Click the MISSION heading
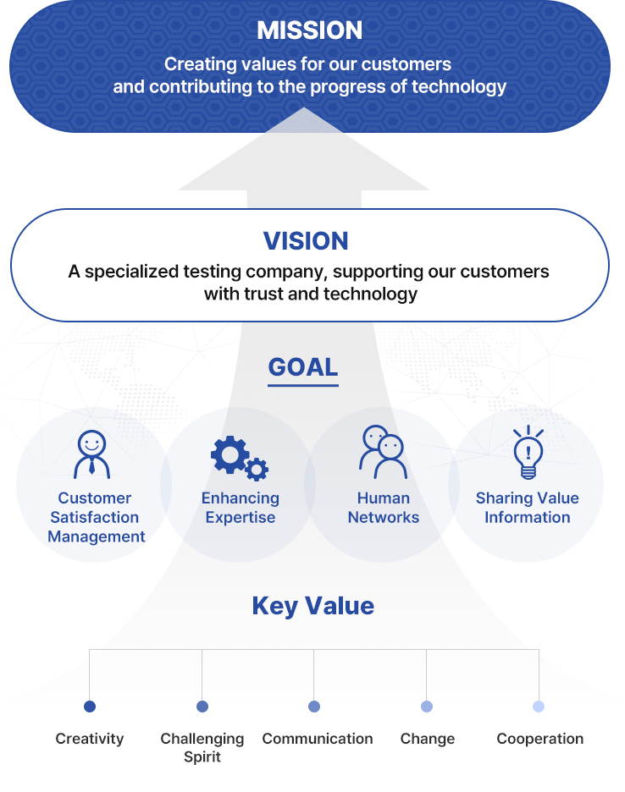(x=309, y=30)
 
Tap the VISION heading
(x=306, y=240)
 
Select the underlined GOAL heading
(x=303, y=367)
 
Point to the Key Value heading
(x=313, y=606)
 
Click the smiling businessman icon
(x=91, y=454)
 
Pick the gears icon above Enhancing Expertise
(x=240, y=458)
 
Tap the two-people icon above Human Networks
(x=384, y=452)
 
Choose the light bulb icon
(x=528, y=452)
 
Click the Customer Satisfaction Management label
(x=96, y=517)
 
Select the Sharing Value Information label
(x=528, y=508)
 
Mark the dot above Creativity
(x=90, y=707)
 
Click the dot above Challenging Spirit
(x=202, y=707)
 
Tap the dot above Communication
(x=314, y=707)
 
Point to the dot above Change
(x=427, y=707)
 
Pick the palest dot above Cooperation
(x=539, y=707)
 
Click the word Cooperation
(x=540, y=739)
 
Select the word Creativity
(x=90, y=739)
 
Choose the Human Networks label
(x=384, y=508)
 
